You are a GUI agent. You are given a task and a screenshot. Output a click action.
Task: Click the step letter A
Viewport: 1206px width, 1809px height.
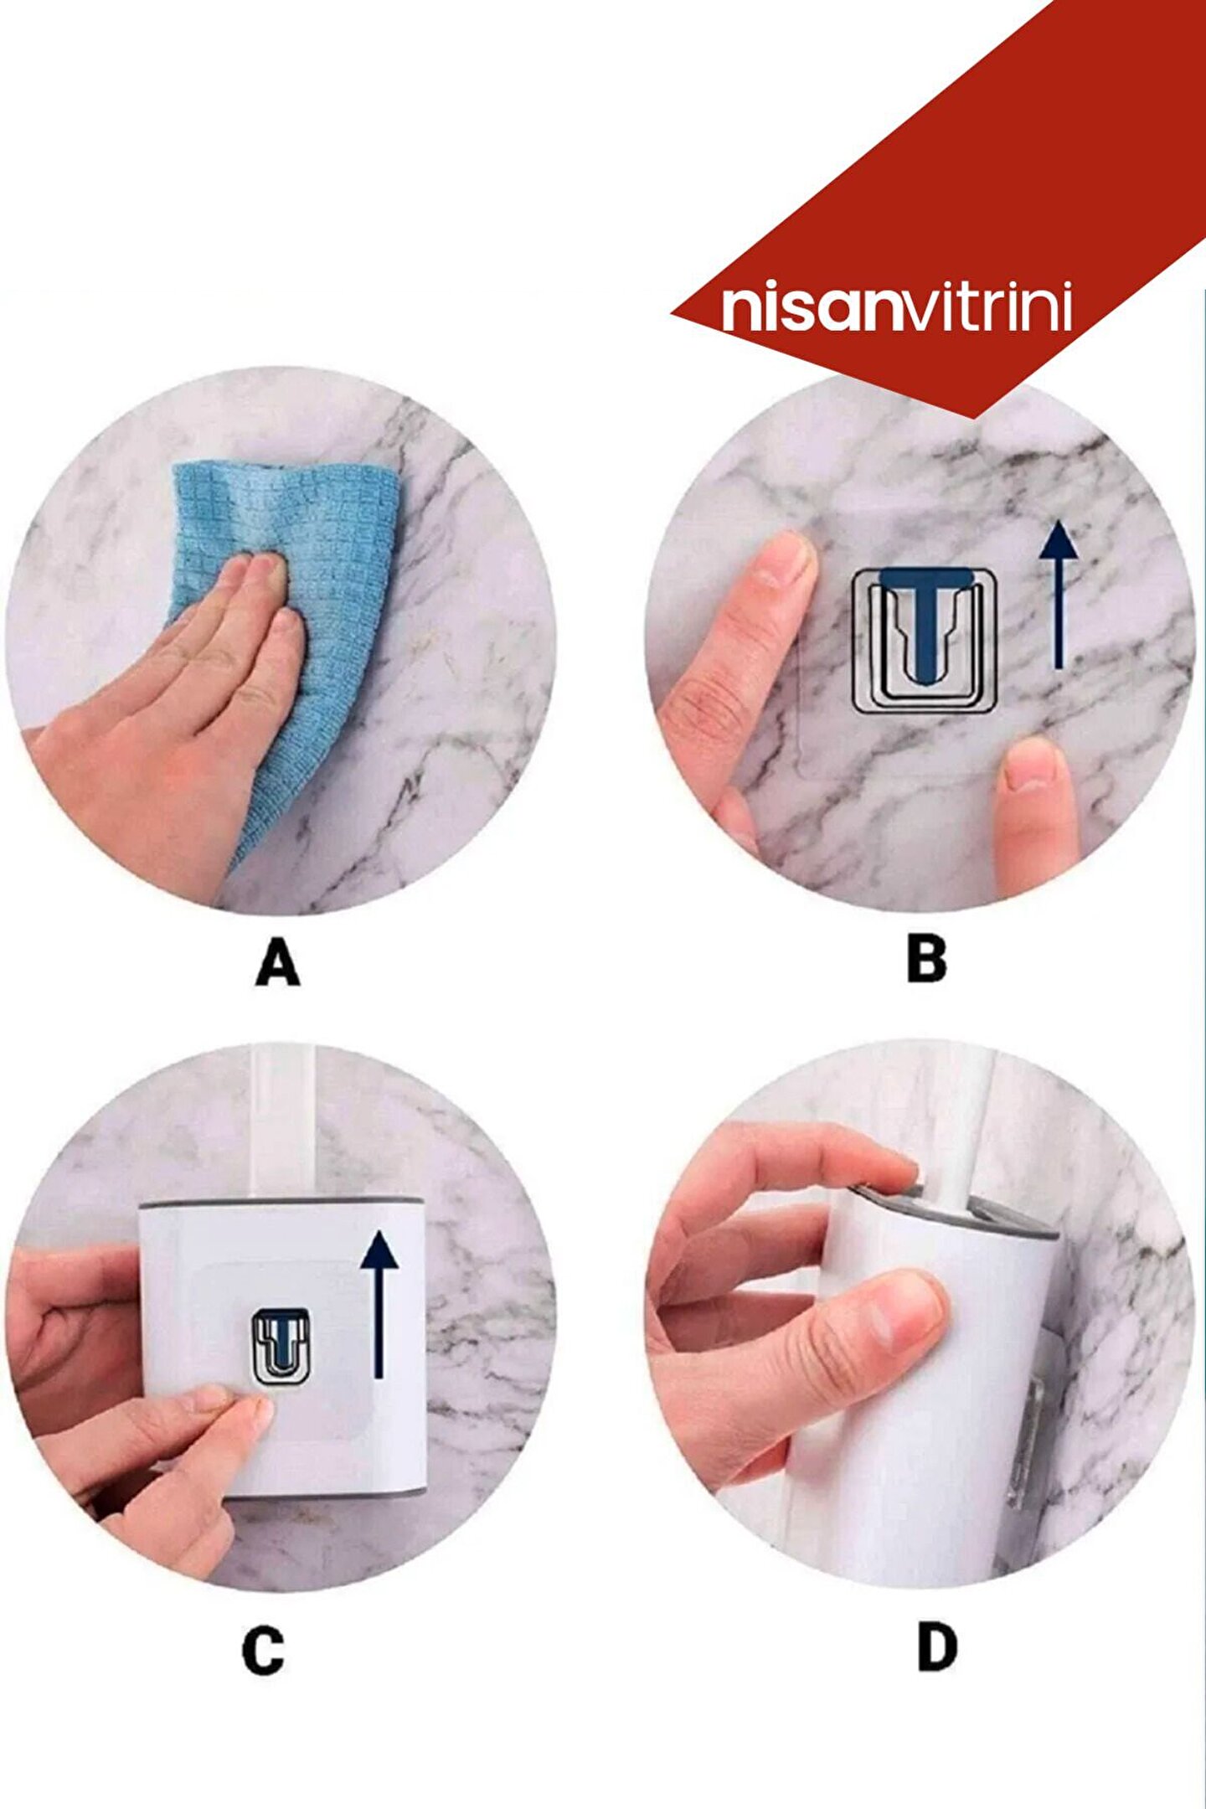pos(277,962)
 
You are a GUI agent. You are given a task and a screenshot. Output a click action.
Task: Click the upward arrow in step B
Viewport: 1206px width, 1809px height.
pos(1059,594)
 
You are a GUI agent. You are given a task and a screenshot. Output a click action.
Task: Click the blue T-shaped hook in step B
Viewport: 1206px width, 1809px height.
pos(925,621)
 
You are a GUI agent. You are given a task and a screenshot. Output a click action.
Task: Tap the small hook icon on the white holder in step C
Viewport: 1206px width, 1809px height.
pos(281,1346)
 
